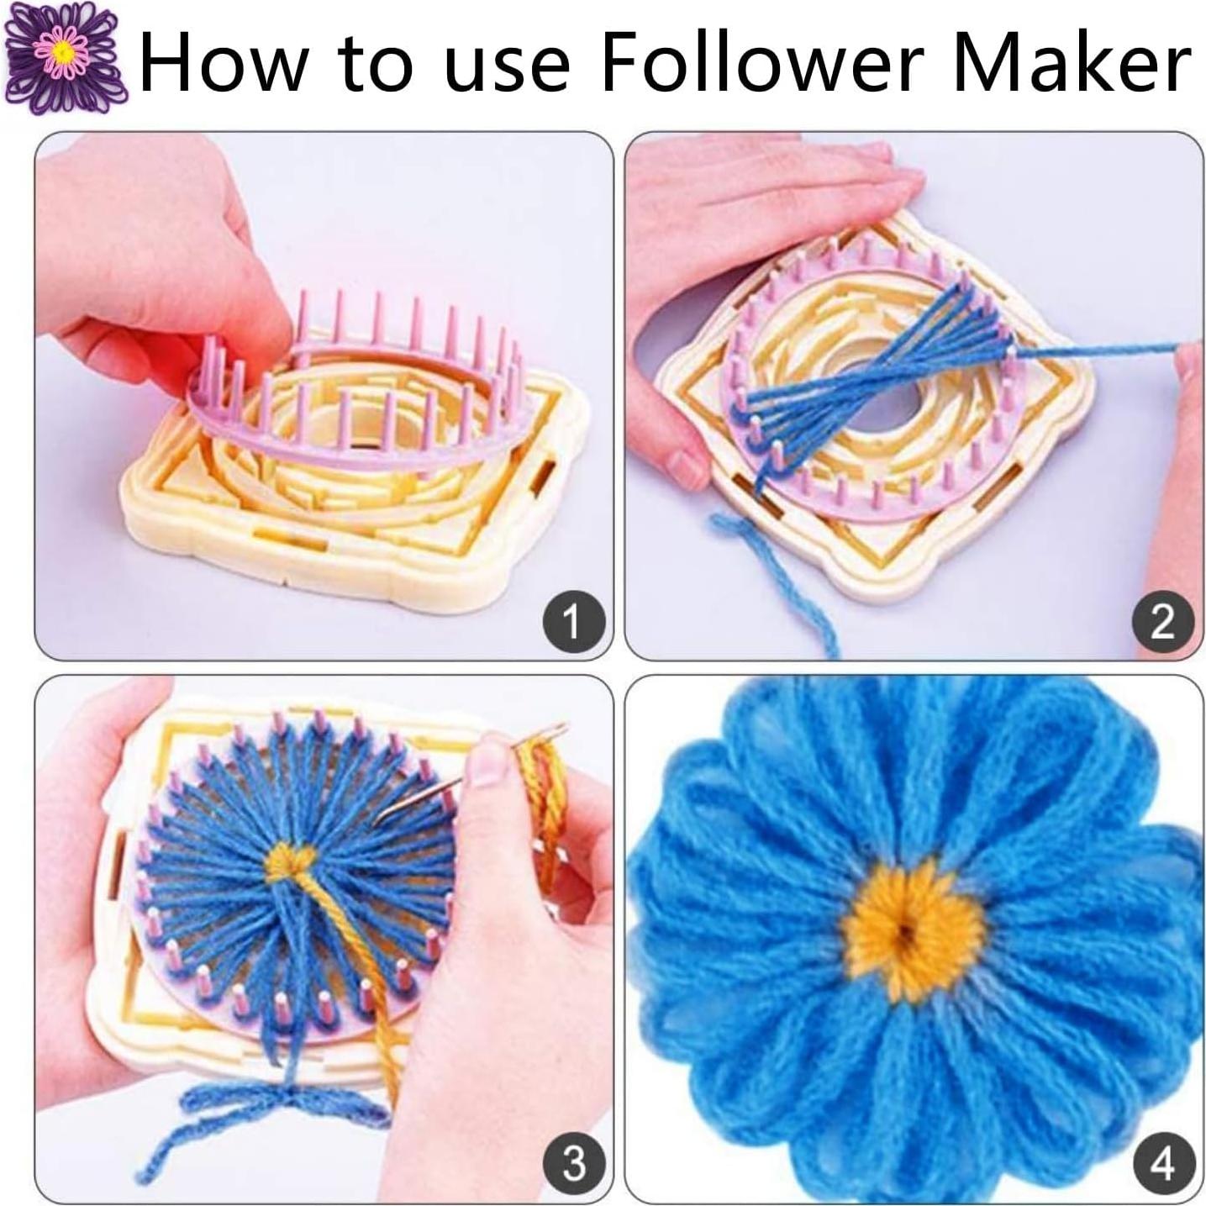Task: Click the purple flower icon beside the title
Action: [64, 57]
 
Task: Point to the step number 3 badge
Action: [573, 1163]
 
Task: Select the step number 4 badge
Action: [1162, 1163]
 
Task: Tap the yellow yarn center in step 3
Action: [291, 861]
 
